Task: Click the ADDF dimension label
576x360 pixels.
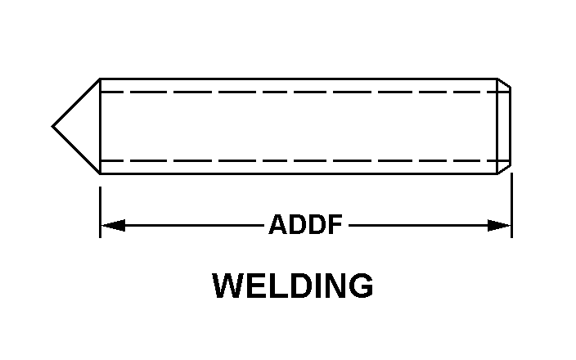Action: pyautogui.click(x=306, y=224)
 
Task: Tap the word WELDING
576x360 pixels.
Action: pyautogui.click(x=293, y=286)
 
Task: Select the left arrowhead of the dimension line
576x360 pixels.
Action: pyautogui.click(x=113, y=225)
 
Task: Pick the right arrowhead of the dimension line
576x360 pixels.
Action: pyautogui.click(x=499, y=225)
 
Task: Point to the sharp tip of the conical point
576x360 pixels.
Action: pyautogui.click(x=52, y=126)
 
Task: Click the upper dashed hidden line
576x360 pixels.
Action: pyautogui.click(x=305, y=92)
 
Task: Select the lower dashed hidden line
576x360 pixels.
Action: pyautogui.click(x=305, y=160)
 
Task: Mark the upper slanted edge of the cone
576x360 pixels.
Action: pyautogui.click(x=76, y=102)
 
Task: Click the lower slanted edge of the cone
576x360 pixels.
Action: pyautogui.click(x=76, y=151)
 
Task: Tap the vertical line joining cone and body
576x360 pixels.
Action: pyautogui.click(x=101, y=126)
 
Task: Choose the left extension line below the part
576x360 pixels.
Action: pyautogui.click(x=101, y=212)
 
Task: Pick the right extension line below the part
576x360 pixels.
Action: pyautogui.click(x=511, y=205)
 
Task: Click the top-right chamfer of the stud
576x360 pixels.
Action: pyautogui.click(x=504, y=83)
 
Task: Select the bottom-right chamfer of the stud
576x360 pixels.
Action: pyautogui.click(x=504, y=169)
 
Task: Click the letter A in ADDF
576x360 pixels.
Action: pyautogui.click(x=278, y=224)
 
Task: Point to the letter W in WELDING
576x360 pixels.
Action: pyautogui.click(x=228, y=286)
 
